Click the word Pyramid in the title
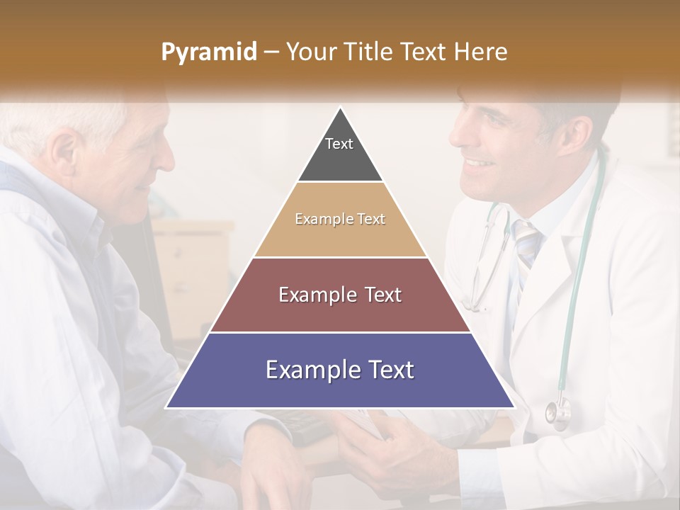[x=208, y=52]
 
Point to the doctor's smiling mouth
[x=479, y=165]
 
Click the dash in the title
[x=271, y=52]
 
